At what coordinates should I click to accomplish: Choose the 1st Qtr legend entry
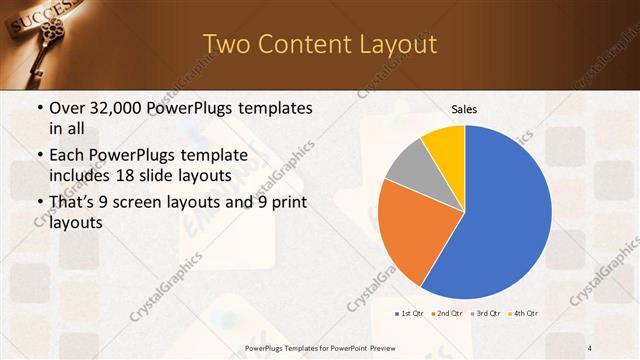pyautogui.click(x=408, y=313)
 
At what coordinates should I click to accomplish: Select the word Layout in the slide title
pyautogui.click(x=395, y=44)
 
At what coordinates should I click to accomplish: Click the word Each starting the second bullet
pyautogui.click(x=67, y=155)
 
